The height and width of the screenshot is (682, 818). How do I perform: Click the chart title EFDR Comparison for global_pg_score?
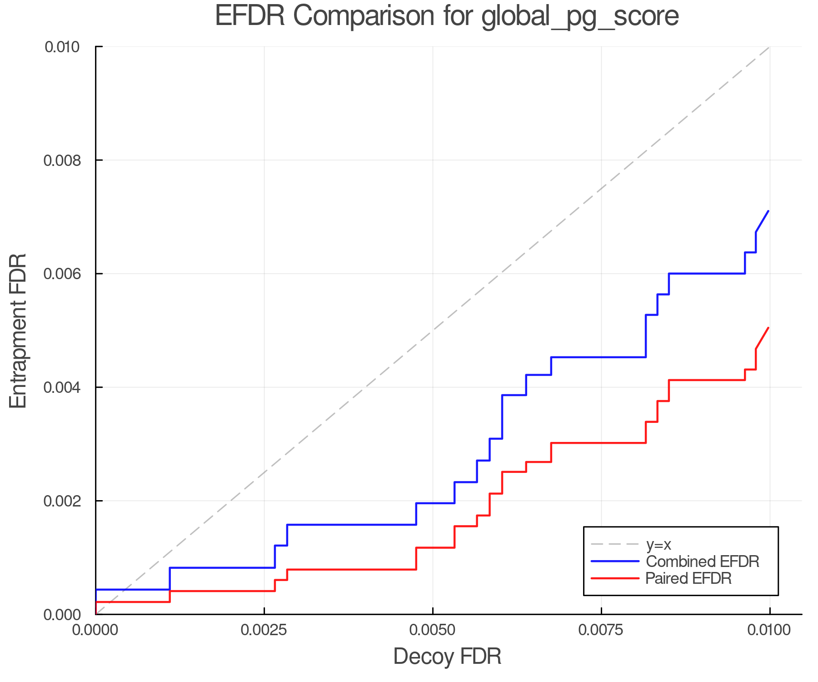click(447, 16)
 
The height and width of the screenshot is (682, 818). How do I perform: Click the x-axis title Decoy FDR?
click(447, 657)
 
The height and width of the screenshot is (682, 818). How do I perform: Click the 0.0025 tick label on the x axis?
click(264, 630)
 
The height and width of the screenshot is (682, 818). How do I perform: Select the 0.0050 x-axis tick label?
click(433, 630)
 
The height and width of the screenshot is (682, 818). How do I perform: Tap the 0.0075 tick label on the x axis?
click(601, 630)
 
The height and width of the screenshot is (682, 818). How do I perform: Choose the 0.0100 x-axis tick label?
click(769, 630)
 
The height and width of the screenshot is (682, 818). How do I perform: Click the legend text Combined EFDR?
click(702, 562)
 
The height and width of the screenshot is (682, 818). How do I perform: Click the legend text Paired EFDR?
click(688, 578)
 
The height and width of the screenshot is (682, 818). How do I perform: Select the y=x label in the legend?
click(658, 544)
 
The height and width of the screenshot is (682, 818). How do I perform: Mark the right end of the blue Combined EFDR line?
click(768, 211)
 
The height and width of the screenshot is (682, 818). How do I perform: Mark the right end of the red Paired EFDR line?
click(768, 327)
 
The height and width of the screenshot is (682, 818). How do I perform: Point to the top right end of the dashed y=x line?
click(769, 47)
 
